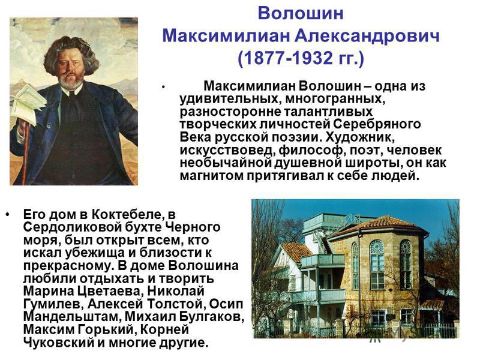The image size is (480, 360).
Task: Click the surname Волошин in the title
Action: [301, 14]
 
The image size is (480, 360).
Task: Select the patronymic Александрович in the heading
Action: [367, 36]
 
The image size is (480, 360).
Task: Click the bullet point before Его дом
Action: [7, 214]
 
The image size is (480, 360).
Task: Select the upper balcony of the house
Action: [322, 260]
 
